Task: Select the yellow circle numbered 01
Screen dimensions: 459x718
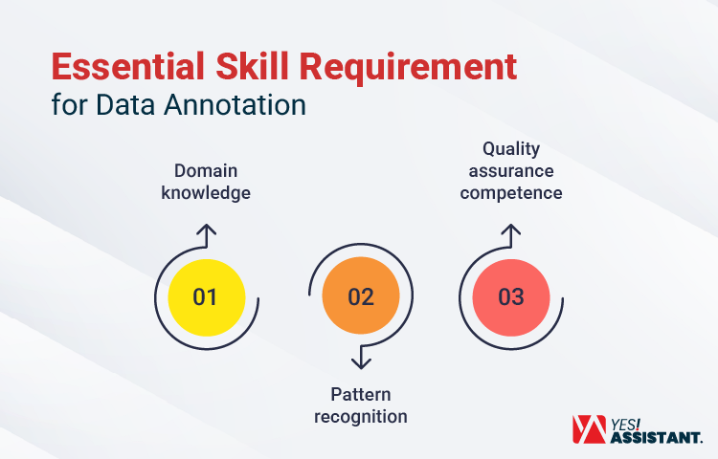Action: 206,296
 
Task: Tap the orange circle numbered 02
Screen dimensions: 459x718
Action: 360,296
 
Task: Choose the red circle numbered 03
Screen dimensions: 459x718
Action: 511,296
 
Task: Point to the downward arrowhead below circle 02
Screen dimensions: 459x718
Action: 361,361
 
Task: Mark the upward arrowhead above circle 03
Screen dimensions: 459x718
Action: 512,232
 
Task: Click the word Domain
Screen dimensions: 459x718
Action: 206,171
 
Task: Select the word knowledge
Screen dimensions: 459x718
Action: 206,192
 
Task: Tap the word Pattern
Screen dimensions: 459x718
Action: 361,395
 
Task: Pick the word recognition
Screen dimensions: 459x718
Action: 361,416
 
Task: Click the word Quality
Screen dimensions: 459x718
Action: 511,149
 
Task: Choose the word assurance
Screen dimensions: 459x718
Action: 511,171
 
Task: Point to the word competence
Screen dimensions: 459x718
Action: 511,192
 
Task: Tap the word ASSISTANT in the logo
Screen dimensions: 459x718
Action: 656,437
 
